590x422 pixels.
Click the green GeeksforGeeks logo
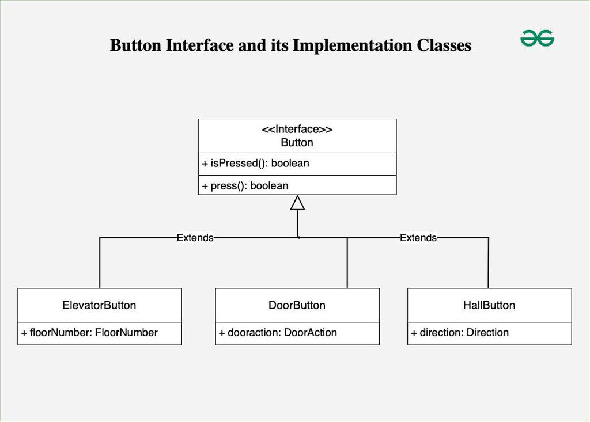tap(537, 39)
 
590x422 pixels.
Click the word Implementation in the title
tap(352, 45)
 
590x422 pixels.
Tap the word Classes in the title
tap(444, 45)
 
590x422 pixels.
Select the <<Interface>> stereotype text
tap(297, 130)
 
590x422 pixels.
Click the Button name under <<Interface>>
tap(297, 143)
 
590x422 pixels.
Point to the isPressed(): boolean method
tap(255, 164)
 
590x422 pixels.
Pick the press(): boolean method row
tap(245, 186)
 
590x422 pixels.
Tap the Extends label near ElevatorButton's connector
tap(195, 238)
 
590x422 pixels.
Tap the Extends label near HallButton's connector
tap(418, 238)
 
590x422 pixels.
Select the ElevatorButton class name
tap(99, 305)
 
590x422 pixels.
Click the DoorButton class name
tap(297, 305)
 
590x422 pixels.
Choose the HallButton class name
tap(489, 305)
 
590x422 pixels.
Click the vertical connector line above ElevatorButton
tap(100, 263)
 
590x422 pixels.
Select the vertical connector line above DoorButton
tap(347, 263)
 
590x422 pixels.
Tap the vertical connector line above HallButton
tap(489, 263)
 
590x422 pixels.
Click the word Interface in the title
tap(199, 45)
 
